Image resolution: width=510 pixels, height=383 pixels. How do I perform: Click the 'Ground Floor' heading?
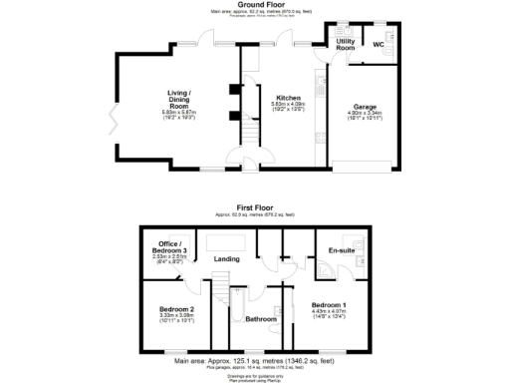tap(254, 4)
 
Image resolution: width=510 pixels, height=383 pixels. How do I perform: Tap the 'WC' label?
tap(380, 45)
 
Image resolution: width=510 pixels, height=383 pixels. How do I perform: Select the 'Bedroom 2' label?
tap(176, 310)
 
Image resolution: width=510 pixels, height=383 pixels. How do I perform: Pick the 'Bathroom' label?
tap(261, 319)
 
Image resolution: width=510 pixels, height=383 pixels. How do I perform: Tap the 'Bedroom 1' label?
tap(328, 304)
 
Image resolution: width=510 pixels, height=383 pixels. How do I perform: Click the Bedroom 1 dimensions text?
tap(328, 315)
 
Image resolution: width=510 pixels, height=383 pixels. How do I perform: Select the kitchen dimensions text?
tap(288, 107)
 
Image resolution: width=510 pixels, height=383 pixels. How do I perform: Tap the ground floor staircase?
tap(240, 131)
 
